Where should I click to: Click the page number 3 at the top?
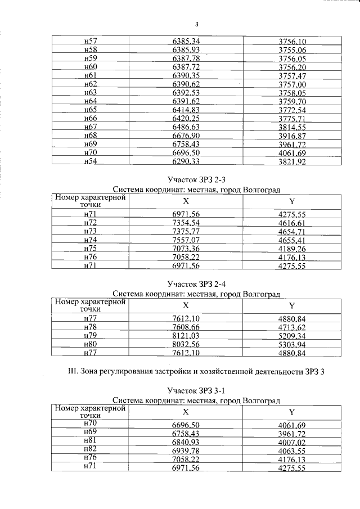coord(197,24)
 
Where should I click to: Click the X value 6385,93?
coord(186,50)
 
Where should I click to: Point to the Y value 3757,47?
coord(292,75)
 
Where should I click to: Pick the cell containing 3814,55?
coord(292,127)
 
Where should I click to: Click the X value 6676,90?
coord(186,135)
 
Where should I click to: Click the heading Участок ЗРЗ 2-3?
coord(196,179)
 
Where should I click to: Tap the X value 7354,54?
coord(186,223)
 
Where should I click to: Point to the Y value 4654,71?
coord(292,232)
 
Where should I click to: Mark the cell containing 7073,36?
coord(186,249)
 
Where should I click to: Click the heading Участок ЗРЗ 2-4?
coord(196,283)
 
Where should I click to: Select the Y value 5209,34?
coord(292,336)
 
